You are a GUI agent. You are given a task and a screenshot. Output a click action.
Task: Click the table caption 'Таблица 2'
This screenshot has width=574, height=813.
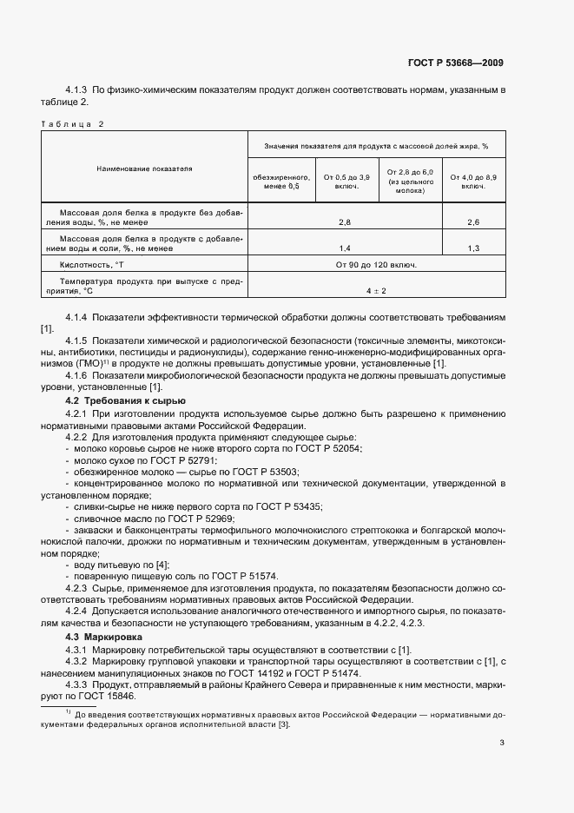pos(72,123)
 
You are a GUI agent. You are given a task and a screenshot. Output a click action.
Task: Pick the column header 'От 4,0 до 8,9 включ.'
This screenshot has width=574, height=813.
pos(473,181)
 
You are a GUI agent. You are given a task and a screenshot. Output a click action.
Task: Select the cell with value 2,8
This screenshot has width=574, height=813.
pos(344,223)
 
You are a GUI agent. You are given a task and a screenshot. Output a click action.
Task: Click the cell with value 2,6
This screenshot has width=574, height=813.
pos(473,223)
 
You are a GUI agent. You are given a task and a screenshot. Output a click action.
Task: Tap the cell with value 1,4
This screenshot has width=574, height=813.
pos(344,248)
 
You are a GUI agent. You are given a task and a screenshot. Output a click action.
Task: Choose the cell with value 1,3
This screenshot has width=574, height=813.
pos(473,248)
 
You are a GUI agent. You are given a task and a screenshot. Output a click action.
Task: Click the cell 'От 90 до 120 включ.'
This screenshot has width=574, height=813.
pos(375,265)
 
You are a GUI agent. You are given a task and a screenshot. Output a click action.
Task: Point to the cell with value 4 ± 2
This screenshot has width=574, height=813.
pos(375,290)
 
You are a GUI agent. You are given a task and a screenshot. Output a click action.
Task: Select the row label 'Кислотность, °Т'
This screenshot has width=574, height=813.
pos(92,265)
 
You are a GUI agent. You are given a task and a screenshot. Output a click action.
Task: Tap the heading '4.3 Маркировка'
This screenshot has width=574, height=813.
pos(95,638)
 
